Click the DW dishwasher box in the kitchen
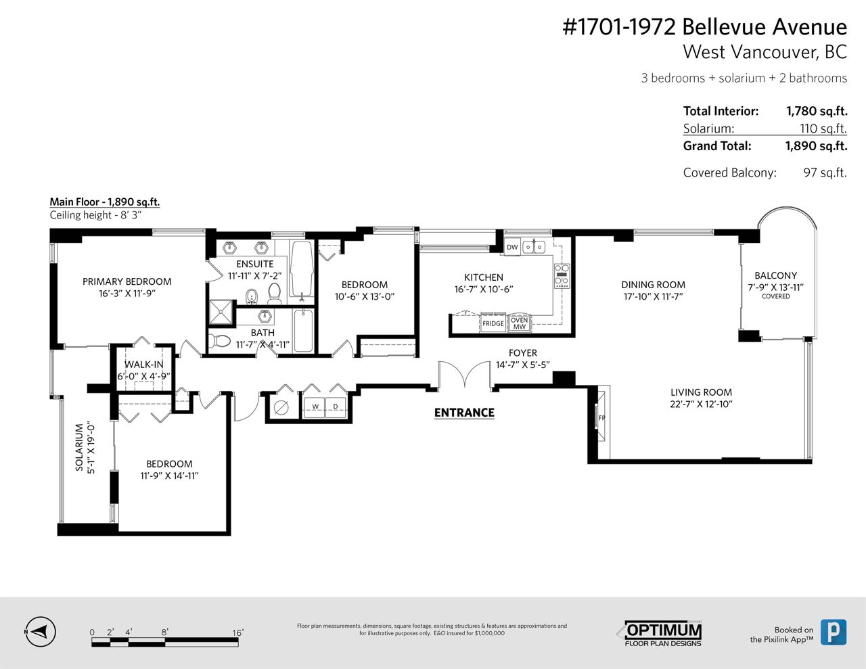pyautogui.click(x=512, y=247)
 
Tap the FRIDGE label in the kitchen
pyautogui.click(x=493, y=323)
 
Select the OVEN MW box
pyautogui.click(x=520, y=323)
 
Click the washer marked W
pyautogui.click(x=315, y=407)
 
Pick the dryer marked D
pyautogui.click(x=336, y=407)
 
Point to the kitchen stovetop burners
pyautogui.click(x=562, y=275)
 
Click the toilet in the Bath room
pyautogui.click(x=220, y=341)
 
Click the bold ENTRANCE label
pyautogui.click(x=464, y=413)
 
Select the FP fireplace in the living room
pyautogui.click(x=601, y=418)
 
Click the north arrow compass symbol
pyautogui.click(x=41, y=632)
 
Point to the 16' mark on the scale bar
pyautogui.click(x=238, y=632)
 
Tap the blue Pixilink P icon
pyautogui.click(x=834, y=632)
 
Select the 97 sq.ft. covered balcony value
pyautogui.click(x=825, y=173)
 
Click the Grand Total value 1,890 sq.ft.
pyautogui.click(x=817, y=146)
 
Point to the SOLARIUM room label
pyautogui.click(x=79, y=447)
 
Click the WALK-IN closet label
pyautogui.click(x=144, y=364)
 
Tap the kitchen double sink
pyautogui.click(x=534, y=247)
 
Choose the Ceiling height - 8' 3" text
pyautogui.click(x=95, y=215)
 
